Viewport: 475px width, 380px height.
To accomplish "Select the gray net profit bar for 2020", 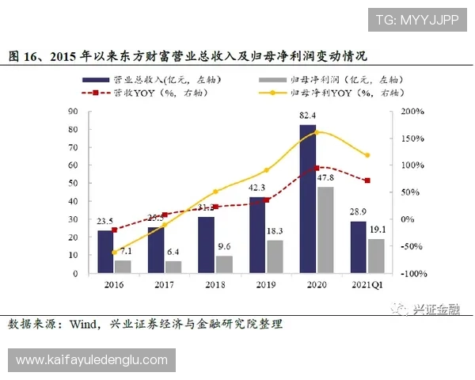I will tap(325, 230).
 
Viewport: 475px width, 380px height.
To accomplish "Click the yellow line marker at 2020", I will tap(317, 131).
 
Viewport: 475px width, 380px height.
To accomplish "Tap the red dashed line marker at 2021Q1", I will tap(367, 180).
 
